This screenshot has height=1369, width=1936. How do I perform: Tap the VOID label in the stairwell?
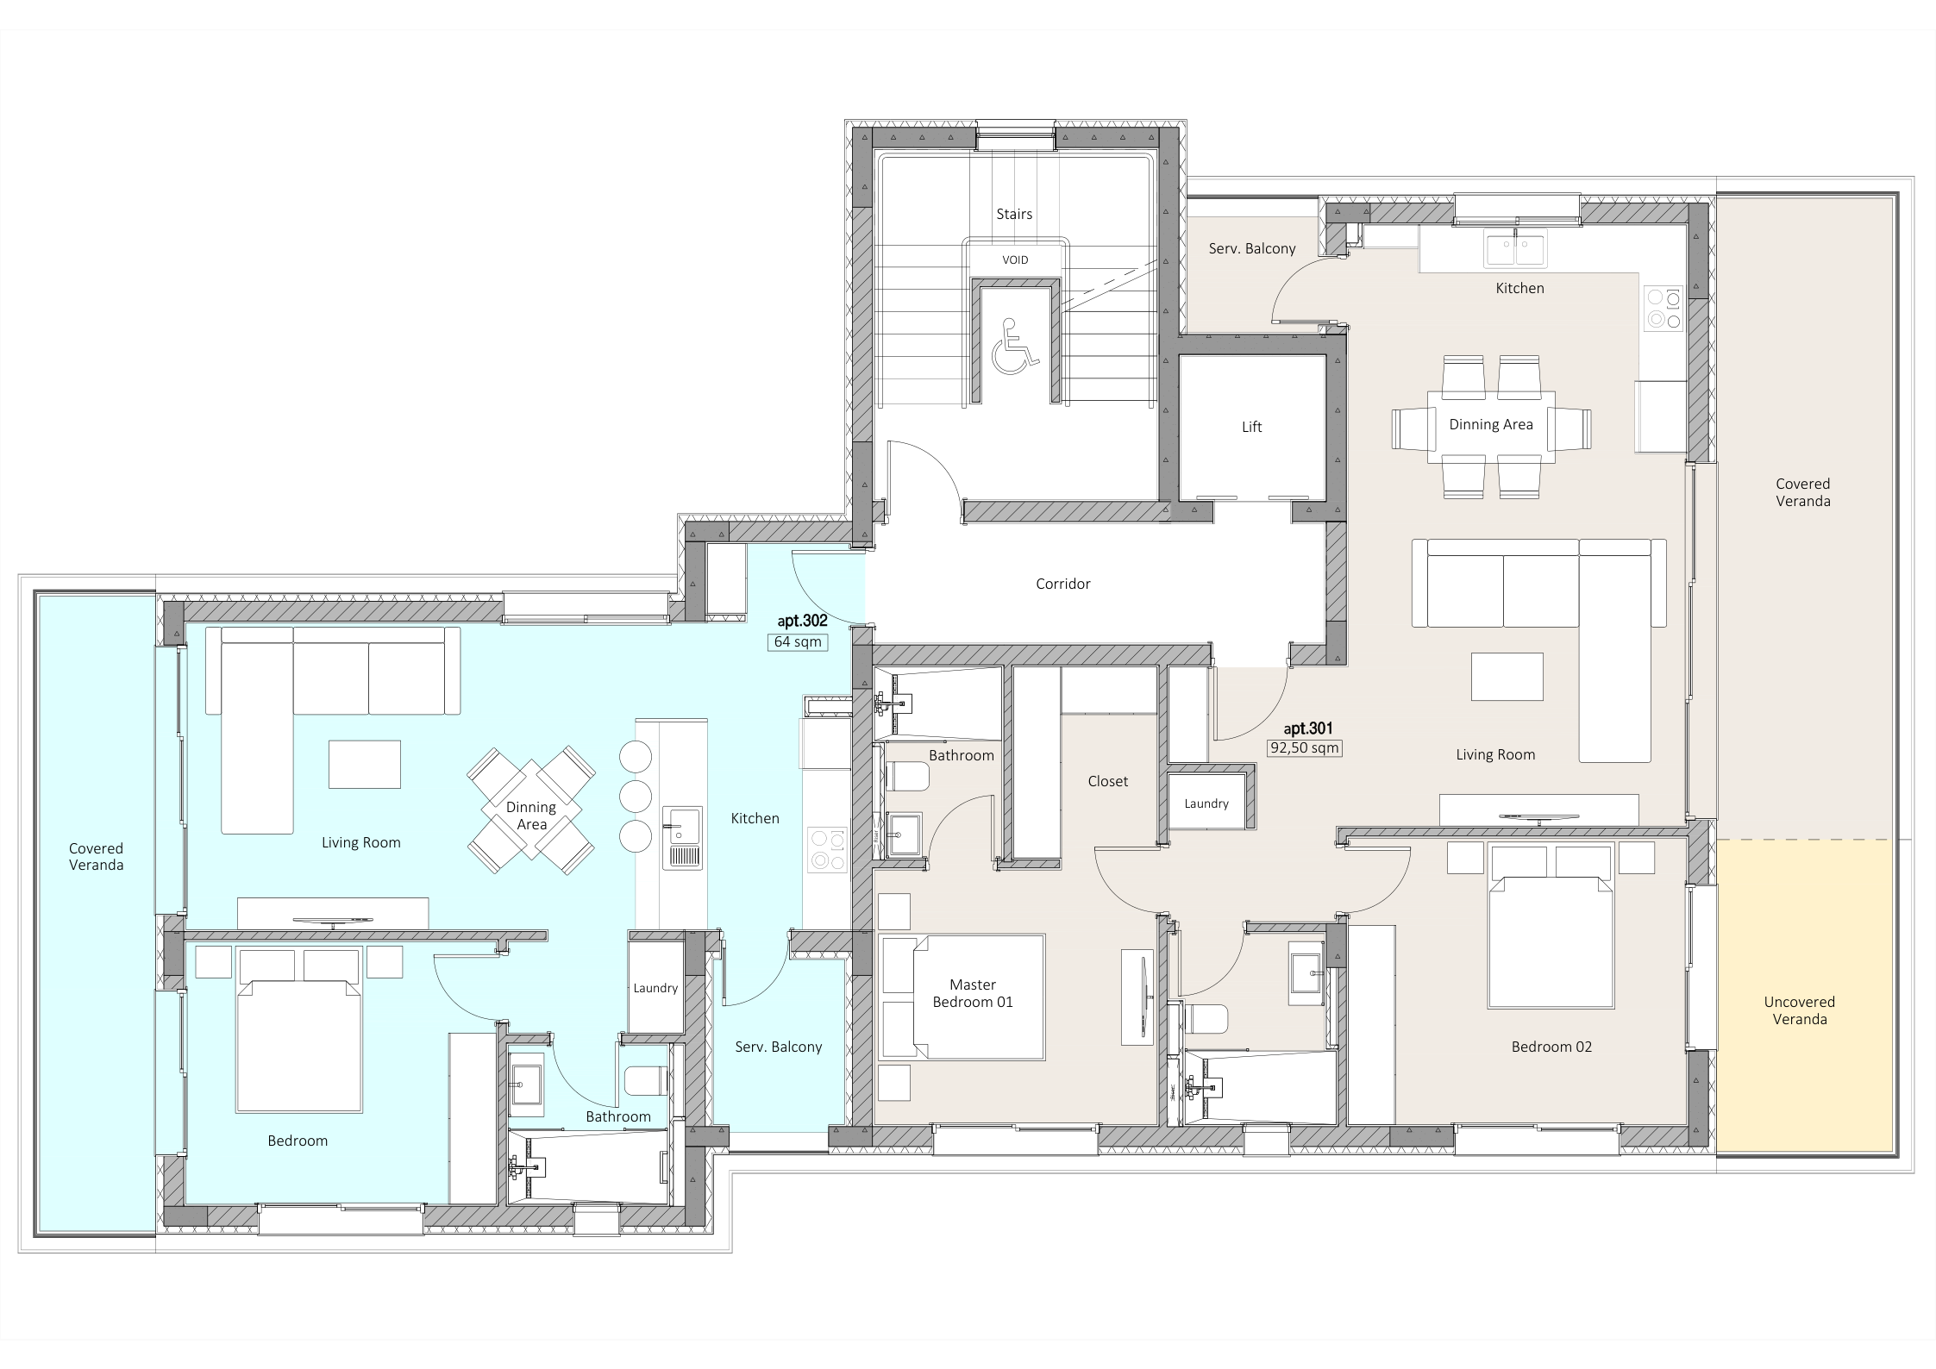[x=1015, y=259]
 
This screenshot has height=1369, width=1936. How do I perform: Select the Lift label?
[x=1251, y=427]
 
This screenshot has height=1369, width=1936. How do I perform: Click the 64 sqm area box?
[x=798, y=641]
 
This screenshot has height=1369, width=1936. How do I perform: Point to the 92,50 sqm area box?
[x=1304, y=748]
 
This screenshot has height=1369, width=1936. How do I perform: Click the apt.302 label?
[x=802, y=621]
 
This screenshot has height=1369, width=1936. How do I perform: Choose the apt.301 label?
[x=1308, y=728]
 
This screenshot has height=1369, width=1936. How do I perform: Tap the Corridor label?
[x=1062, y=584]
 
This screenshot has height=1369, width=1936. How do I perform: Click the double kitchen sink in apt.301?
[x=1516, y=248]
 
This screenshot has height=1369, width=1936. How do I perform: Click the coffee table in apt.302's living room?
[x=364, y=764]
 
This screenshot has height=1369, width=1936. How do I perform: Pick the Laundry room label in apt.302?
[x=655, y=988]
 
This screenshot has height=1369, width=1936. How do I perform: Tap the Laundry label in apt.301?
[x=1206, y=803]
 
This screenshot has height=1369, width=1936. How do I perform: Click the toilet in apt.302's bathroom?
[x=646, y=1081]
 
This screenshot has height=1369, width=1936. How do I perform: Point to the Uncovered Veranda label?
[x=1799, y=1010]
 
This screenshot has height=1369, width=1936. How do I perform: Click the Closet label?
[x=1107, y=781]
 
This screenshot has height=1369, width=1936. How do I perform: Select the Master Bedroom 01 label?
[x=973, y=993]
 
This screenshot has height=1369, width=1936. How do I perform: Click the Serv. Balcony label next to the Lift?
[x=1251, y=248]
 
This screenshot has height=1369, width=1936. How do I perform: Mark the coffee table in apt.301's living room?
[x=1507, y=677]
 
